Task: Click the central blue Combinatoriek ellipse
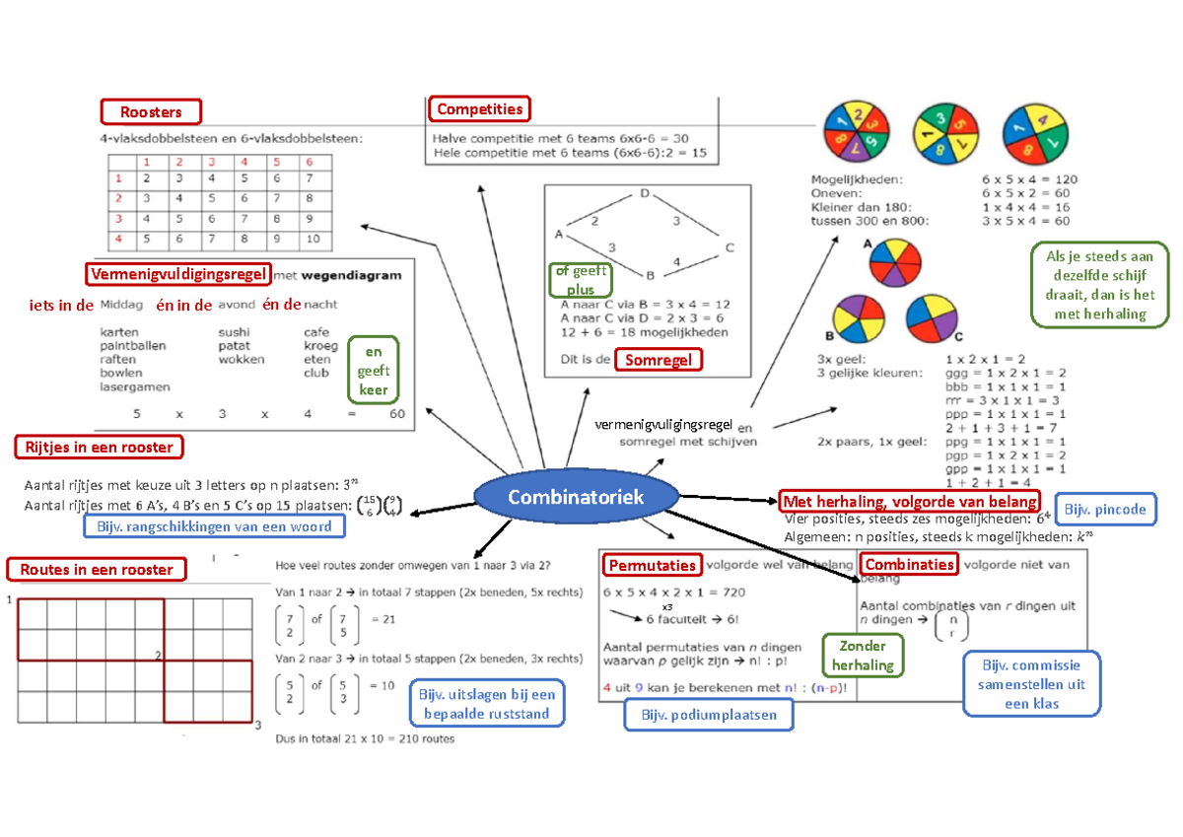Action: click(575, 496)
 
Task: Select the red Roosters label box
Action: click(150, 112)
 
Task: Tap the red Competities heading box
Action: click(479, 108)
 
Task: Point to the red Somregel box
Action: click(660, 360)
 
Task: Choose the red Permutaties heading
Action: click(653, 565)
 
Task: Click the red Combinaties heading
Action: click(909, 564)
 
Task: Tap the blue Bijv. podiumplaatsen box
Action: click(709, 715)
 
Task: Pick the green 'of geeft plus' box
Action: click(580, 280)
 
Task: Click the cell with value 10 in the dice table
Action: click(312, 238)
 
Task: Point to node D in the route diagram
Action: click(645, 193)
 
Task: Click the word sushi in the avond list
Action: click(234, 332)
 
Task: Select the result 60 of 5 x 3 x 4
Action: click(396, 414)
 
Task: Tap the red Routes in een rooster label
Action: click(97, 569)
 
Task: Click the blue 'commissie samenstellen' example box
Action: click(1030, 684)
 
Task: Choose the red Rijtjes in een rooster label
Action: click(97, 448)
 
